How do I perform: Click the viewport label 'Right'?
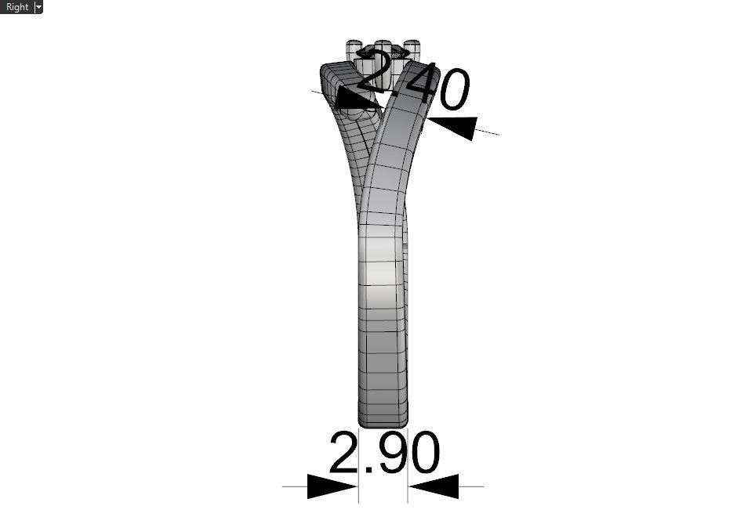pos(16,7)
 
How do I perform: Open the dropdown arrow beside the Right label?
pos(38,7)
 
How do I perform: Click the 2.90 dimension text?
pos(383,453)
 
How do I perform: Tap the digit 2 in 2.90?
pos(343,453)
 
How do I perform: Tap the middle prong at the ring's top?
pos(383,49)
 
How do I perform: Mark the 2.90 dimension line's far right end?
pos(483,486)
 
